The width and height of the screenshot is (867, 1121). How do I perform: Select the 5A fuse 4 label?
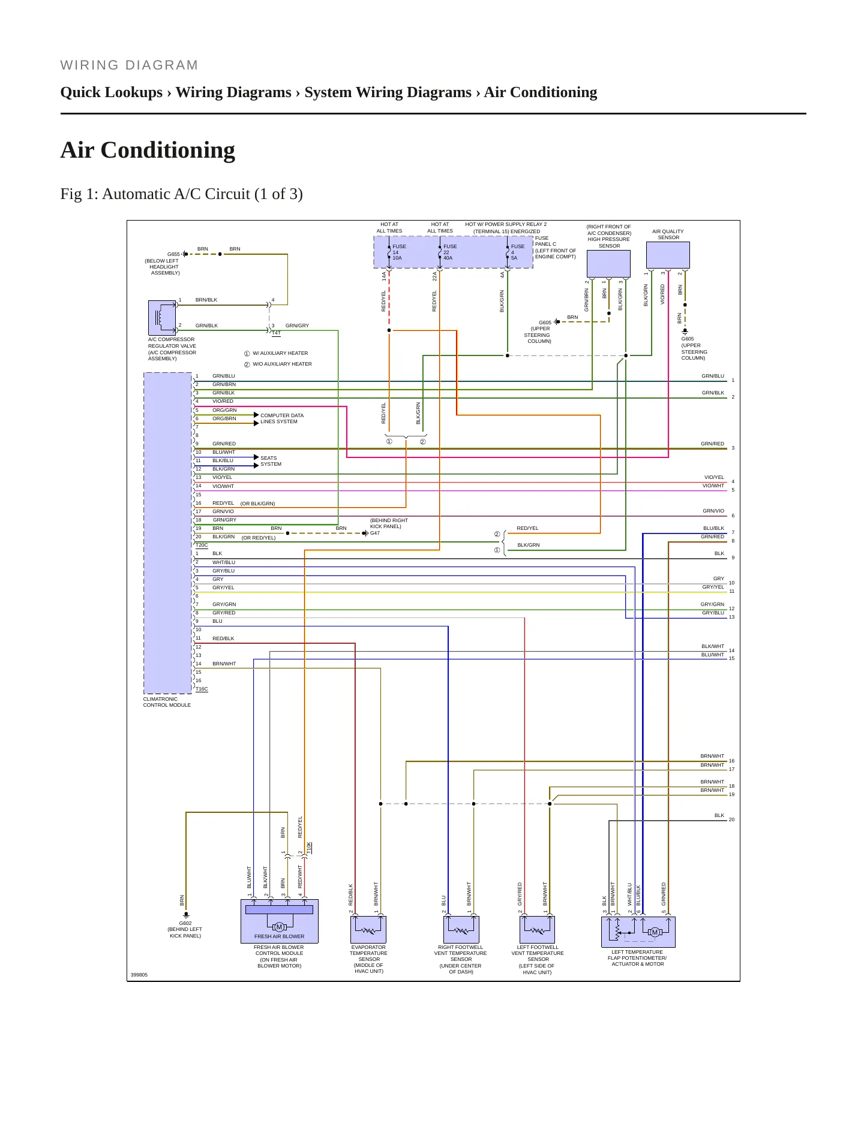coord(518,252)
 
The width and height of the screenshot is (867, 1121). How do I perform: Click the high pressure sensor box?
coord(608,264)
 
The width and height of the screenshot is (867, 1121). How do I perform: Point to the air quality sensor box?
coord(668,255)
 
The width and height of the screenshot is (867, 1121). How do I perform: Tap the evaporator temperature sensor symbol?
coord(368,929)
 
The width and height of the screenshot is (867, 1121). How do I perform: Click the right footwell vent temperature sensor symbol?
coord(461,929)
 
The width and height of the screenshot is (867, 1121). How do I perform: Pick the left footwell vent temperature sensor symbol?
coord(536,929)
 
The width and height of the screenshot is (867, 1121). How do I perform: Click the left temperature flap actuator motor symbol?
coord(655,932)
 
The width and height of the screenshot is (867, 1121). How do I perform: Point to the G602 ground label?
coord(185,923)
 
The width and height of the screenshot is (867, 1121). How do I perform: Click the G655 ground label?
coord(173,254)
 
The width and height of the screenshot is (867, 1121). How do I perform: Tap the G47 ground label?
coord(375,533)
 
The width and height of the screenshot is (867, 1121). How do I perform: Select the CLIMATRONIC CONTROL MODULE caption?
coord(167,702)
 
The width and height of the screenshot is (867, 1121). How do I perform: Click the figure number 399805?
coord(139,975)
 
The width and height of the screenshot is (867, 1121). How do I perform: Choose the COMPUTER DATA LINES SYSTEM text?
coord(282,418)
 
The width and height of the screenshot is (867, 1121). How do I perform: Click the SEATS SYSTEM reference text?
coord(271,461)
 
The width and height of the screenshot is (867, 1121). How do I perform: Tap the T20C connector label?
coord(202,546)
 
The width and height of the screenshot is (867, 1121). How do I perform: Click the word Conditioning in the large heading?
coord(168,150)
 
